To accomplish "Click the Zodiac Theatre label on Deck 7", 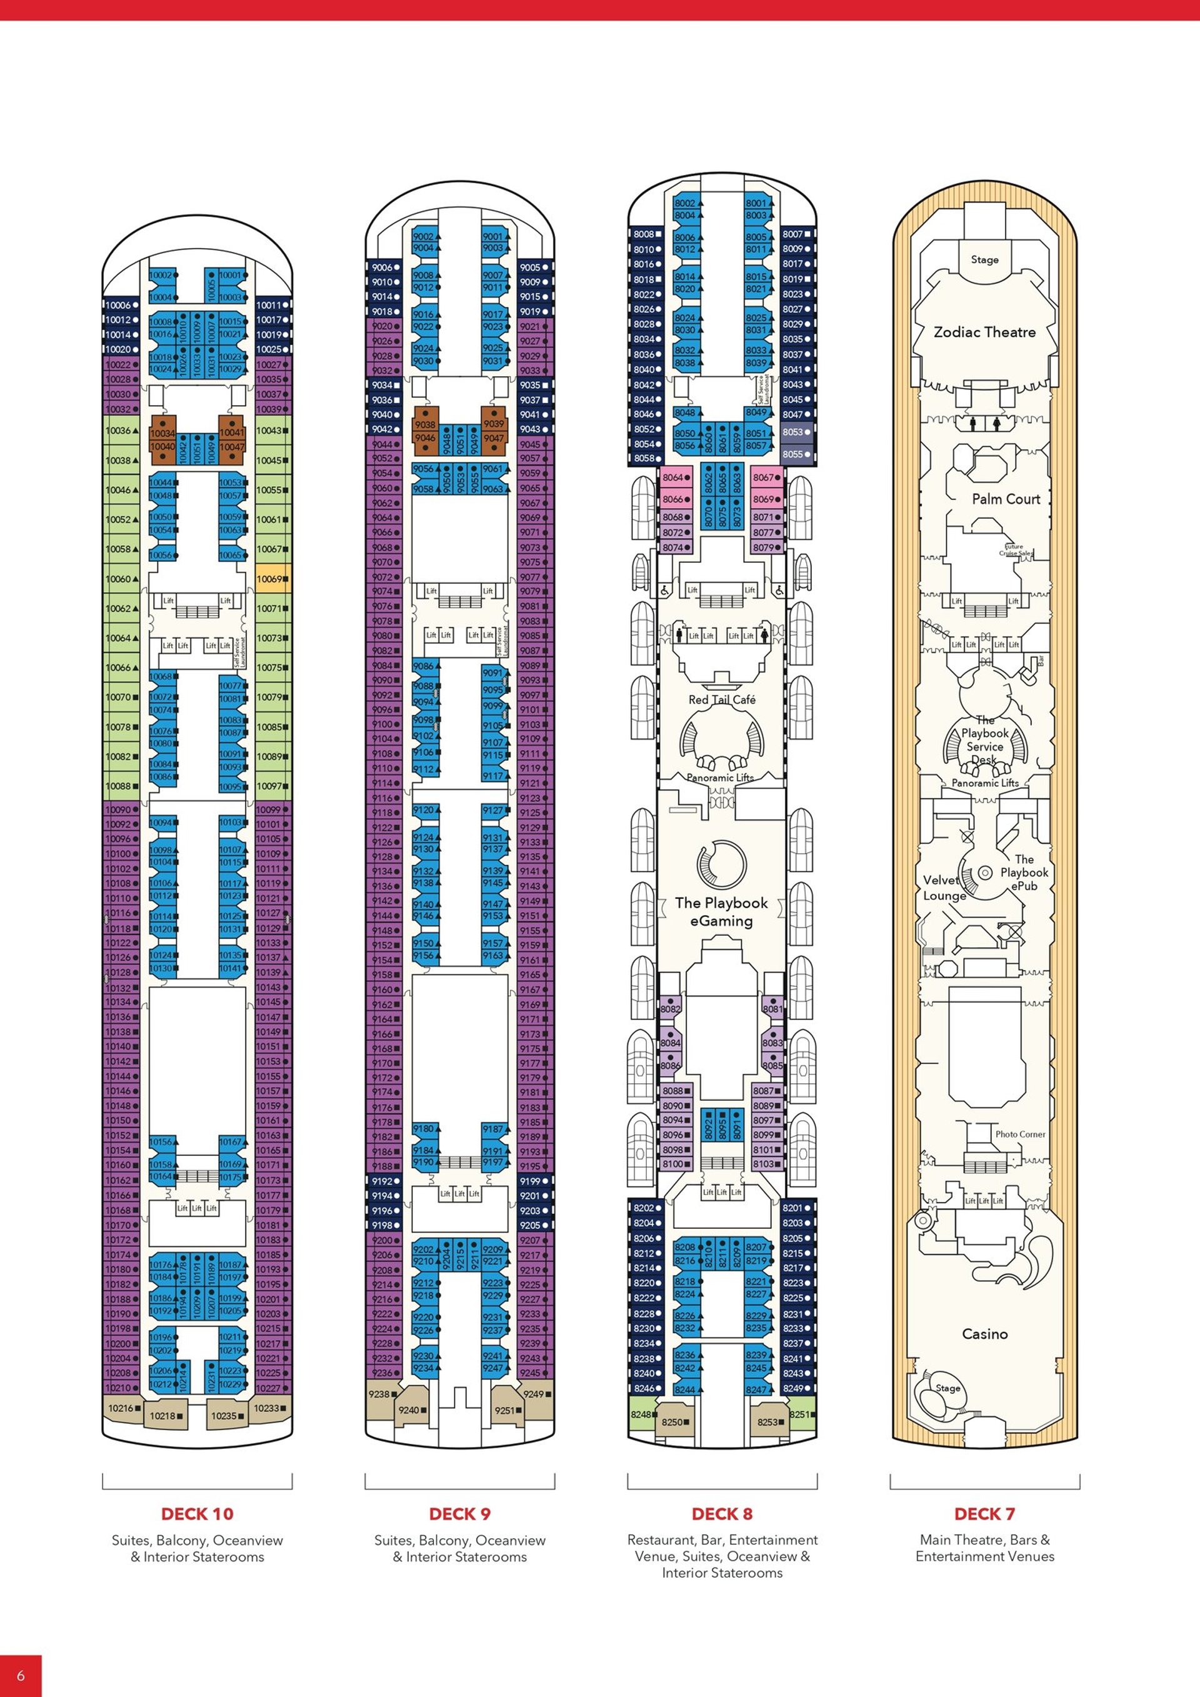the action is pyautogui.click(x=984, y=332).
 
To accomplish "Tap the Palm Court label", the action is pyautogui.click(x=1006, y=499).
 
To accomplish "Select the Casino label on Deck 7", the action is pyautogui.click(x=984, y=1334).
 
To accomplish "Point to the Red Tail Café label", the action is pyautogui.click(x=722, y=699).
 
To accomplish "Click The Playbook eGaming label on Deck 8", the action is pyautogui.click(x=721, y=911).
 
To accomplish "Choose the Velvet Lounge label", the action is pyautogui.click(x=944, y=888).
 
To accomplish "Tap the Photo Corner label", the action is pyautogui.click(x=1020, y=1134).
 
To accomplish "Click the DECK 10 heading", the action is pyautogui.click(x=197, y=1514).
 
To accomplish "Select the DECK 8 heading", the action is pyautogui.click(x=722, y=1514).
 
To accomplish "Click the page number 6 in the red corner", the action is pyautogui.click(x=21, y=1675).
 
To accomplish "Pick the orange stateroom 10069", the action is pyautogui.click(x=272, y=579).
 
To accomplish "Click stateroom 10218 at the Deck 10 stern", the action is pyautogui.click(x=164, y=1415).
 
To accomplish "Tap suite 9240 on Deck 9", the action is pyautogui.click(x=411, y=1409).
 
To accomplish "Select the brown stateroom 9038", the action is pyautogui.click(x=425, y=425).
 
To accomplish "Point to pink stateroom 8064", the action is pyautogui.click(x=676, y=478).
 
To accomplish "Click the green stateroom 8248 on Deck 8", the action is pyautogui.click(x=641, y=1414).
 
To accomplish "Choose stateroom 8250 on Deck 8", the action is pyautogui.click(x=674, y=1421).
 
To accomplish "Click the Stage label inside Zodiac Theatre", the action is pyautogui.click(x=984, y=259).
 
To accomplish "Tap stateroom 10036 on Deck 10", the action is pyautogui.click(x=120, y=430).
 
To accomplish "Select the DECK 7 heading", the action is pyautogui.click(x=984, y=1514).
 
